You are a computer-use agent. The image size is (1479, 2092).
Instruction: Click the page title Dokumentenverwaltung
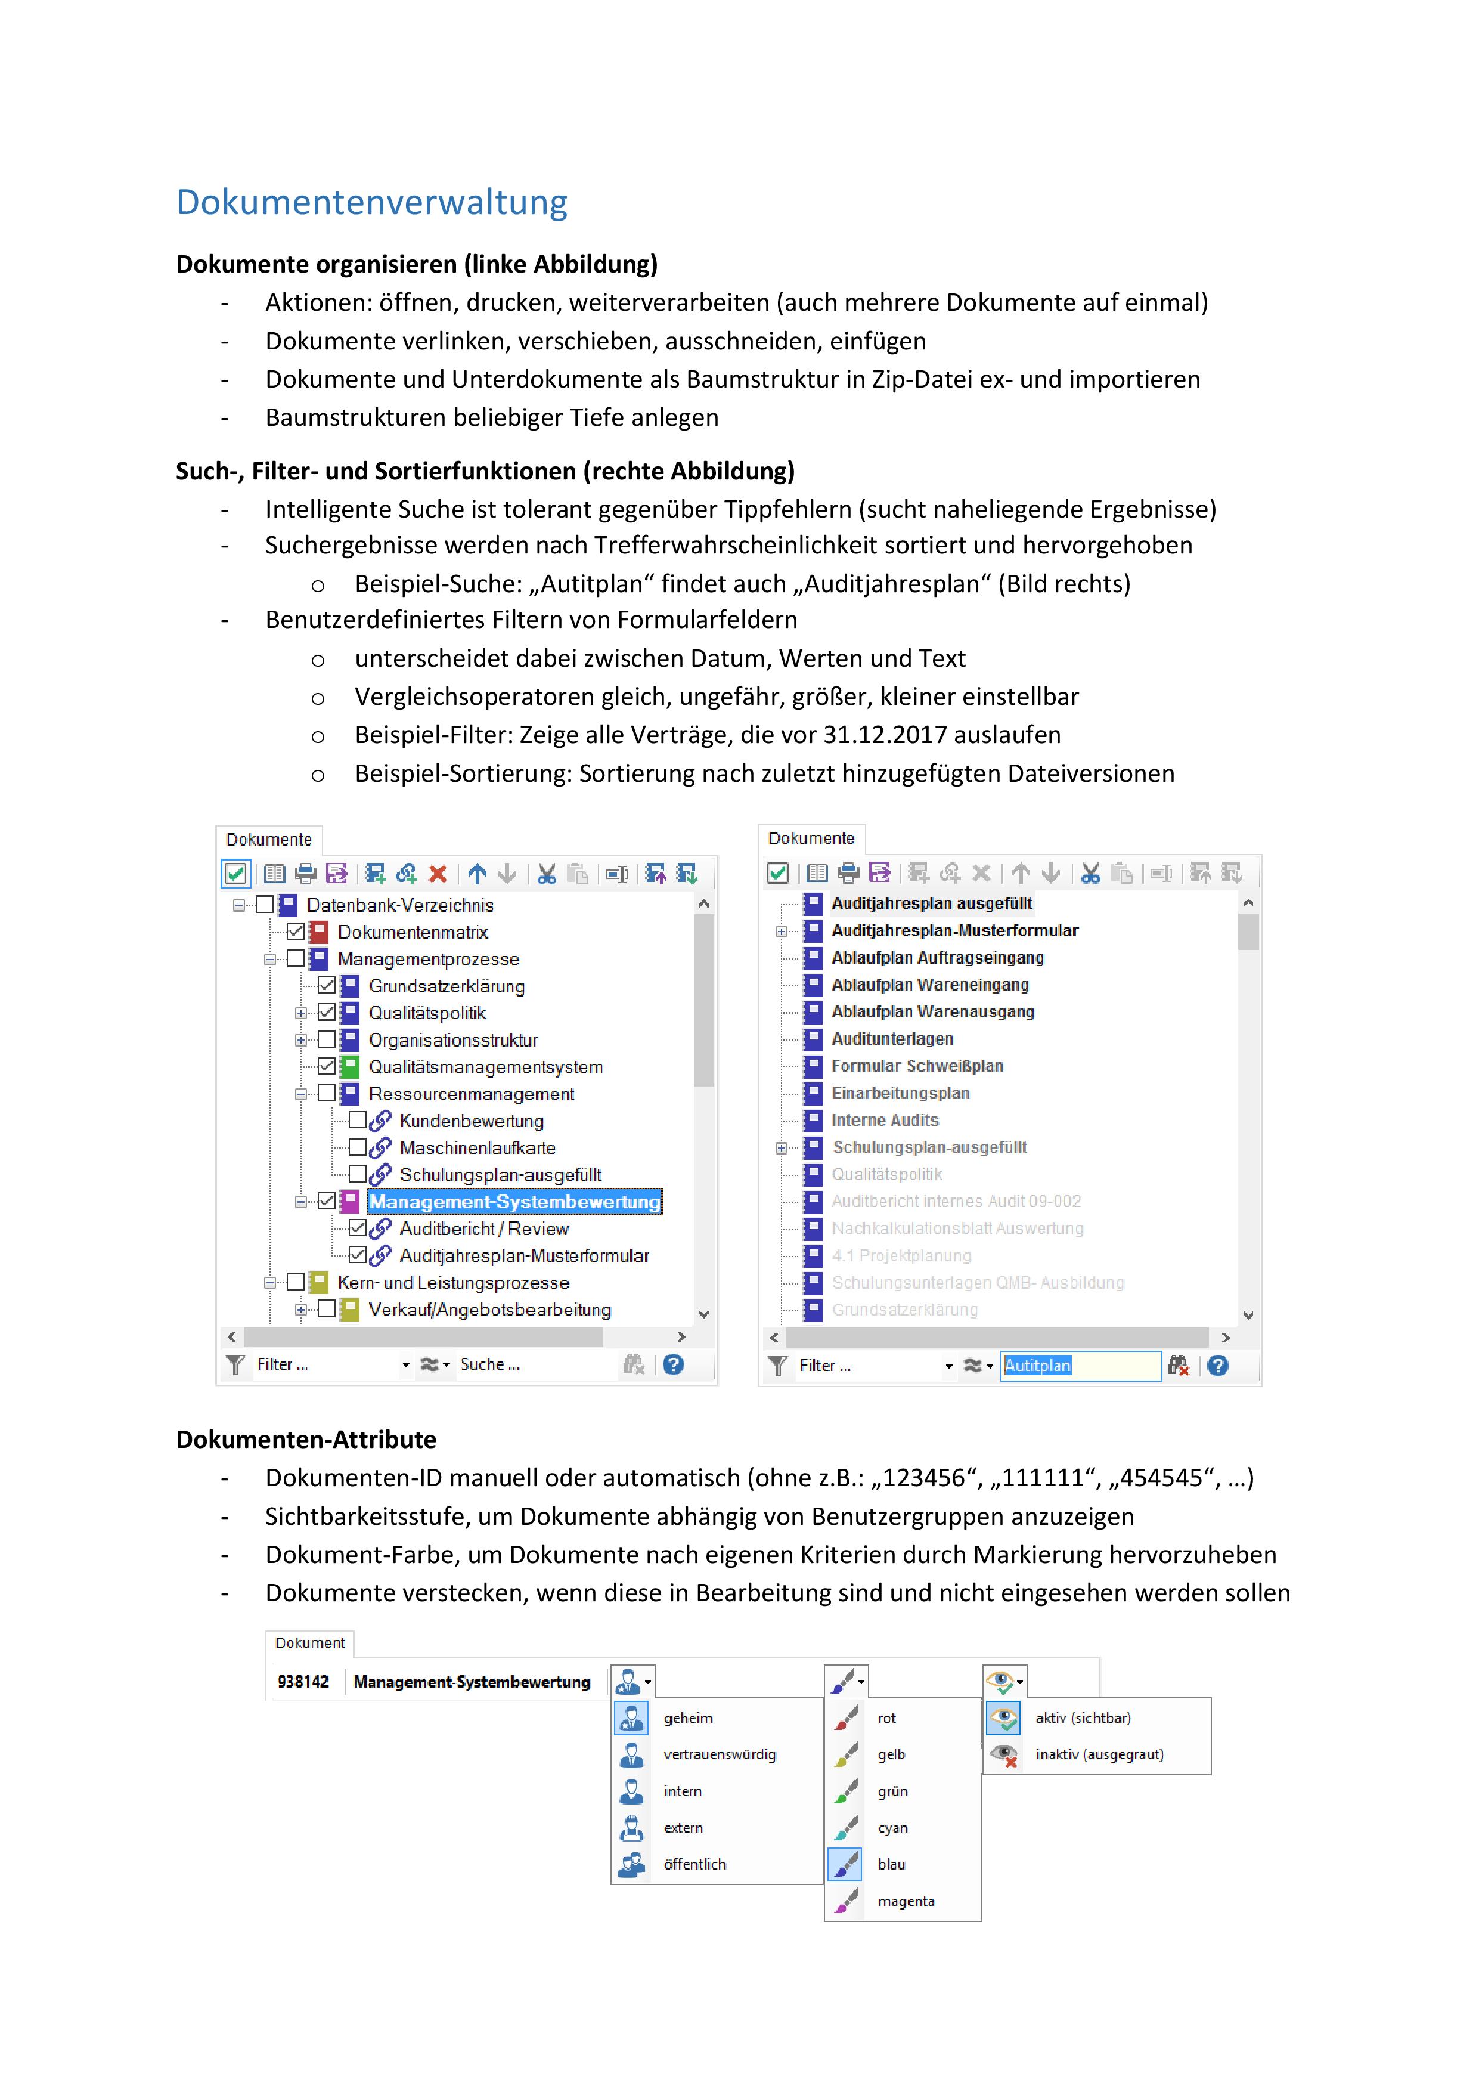point(371,202)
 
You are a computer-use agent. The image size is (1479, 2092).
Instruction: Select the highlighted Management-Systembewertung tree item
point(514,1201)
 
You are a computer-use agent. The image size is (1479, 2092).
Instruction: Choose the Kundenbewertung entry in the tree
point(471,1121)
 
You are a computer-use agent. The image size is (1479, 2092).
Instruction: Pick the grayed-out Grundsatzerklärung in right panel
point(904,1310)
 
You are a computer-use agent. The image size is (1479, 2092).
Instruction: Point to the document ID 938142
point(302,1681)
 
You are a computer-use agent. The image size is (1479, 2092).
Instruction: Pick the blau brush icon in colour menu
point(845,1864)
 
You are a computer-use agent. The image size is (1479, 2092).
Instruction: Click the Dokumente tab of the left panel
point(269,839)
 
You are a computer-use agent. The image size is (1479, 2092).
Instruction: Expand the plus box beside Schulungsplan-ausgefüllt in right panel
point(780,1148)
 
